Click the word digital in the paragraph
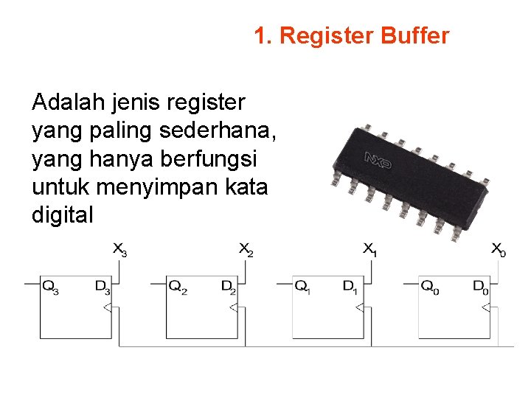(x=63, y=215)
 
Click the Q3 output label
(x=50, y=287)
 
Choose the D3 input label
(x=103, y=287)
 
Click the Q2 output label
(x=178, y=287)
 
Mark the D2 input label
(x=229, y=287)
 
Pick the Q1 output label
(x=302, y=287)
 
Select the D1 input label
(x=350, y=287)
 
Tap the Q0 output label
(x=430, y=287)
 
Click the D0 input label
(x=480, y=287)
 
